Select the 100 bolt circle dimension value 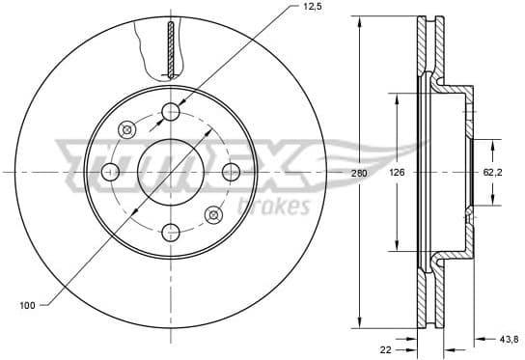(27, 306)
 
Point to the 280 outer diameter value (360, 173)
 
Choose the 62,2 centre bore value (492, 173)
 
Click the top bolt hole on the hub (171, 112)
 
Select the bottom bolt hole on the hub (171, 232)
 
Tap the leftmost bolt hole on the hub (111, 172)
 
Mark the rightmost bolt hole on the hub (231, 172)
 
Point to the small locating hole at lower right (214, 213)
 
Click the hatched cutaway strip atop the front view (171, 48)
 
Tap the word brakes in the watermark (280, 206)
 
